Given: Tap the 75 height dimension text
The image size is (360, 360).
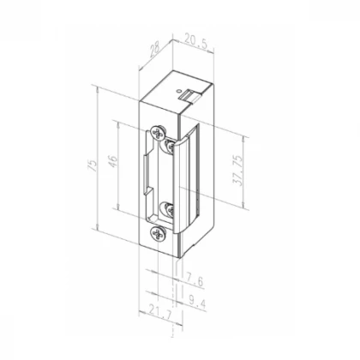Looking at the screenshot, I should point(92,164).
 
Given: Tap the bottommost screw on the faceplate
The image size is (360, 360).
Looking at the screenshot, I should point(156,232).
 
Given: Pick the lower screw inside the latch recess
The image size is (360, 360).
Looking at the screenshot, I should point(169,207).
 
